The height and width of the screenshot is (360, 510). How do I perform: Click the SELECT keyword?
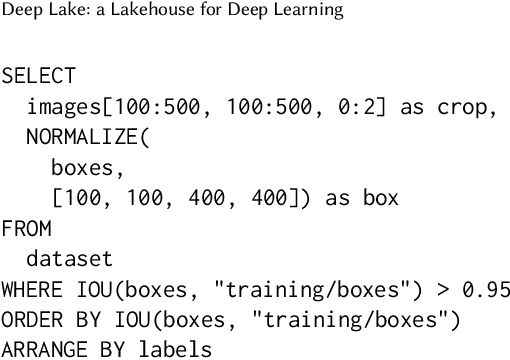(x=38, y=76)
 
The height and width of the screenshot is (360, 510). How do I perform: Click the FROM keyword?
(x=26, y=228)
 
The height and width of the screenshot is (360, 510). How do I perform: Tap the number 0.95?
(x=485, y=289)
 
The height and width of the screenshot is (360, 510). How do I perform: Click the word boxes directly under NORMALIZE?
(x=81, y=167)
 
